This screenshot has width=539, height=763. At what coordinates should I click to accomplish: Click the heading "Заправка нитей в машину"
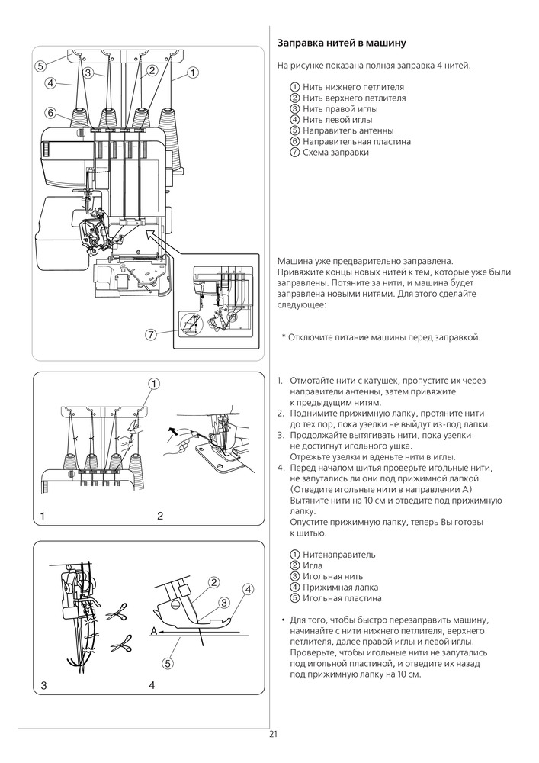point(342,43)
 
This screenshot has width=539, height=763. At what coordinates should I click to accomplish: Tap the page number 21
point(273,735)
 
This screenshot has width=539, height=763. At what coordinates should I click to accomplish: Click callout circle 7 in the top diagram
point(152,335)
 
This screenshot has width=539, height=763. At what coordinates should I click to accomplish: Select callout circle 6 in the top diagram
point(50,113)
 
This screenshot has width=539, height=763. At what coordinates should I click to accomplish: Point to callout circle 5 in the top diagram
point(40,66)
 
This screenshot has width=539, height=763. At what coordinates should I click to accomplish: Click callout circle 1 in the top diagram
point(192,72)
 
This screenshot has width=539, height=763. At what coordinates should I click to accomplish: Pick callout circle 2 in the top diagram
point(152,71)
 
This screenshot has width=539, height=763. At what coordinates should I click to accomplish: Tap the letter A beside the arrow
point(153,631)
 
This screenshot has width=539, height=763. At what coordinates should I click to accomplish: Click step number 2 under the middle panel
point(160,517)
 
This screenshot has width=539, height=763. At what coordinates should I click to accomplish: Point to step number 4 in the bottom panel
point(152,686)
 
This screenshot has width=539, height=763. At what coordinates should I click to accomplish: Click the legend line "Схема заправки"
point(335,153)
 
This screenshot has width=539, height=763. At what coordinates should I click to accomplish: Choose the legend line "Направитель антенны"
point(348,130)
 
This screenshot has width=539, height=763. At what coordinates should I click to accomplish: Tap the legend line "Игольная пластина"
point(342,598)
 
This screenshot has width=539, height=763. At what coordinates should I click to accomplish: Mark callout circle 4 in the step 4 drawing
point(248,589)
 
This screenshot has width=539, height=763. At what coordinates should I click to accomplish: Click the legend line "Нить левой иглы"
point(338,120)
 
